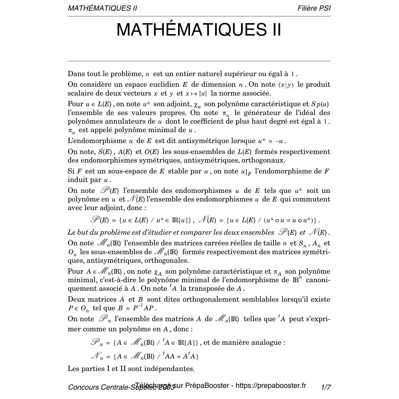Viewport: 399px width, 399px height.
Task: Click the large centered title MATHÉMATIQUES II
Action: tap(199, 30)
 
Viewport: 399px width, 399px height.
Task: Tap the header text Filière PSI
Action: tap(314, 8)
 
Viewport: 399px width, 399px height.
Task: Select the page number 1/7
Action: tap(326, 387)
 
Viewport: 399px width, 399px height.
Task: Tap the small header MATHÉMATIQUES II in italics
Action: tap(102, 8)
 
